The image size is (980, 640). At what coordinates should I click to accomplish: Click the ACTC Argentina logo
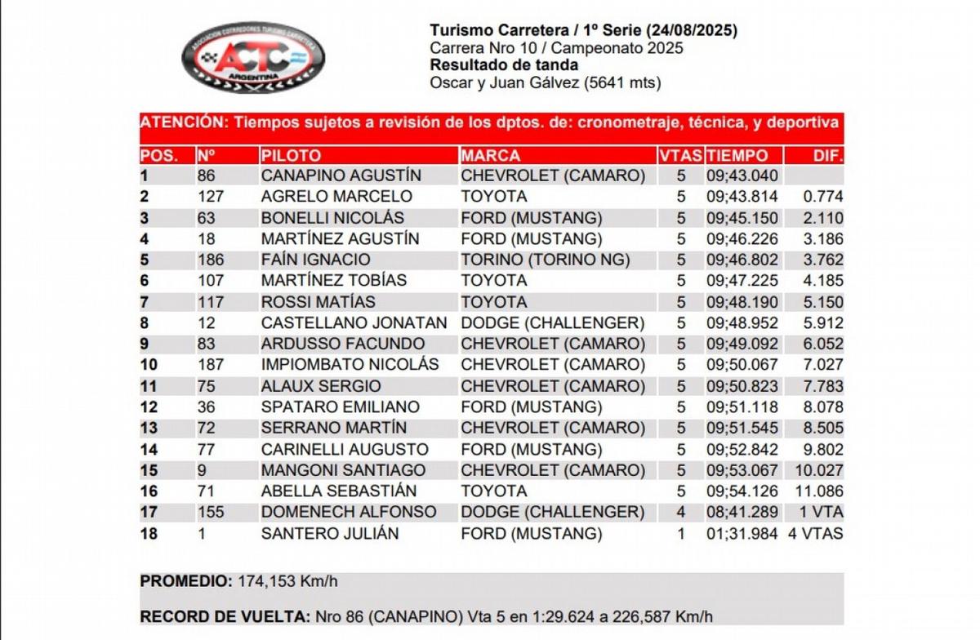(252, 57)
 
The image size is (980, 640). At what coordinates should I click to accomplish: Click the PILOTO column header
(292, 155)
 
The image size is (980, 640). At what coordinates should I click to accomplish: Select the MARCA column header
(491, 155)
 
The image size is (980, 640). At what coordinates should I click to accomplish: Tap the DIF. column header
(827, 155)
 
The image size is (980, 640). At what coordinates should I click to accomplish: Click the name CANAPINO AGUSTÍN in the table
(341, 176)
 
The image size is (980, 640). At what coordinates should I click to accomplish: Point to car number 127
(210, 197)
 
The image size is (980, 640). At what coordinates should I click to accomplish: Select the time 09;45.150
(742, 218)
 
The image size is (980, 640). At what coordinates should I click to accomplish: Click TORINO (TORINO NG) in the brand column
(546, 260)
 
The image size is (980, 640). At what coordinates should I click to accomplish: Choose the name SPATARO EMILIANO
(341, 407)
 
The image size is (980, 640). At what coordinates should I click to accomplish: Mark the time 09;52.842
(742, 450)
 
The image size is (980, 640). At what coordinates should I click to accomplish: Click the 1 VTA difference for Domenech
(822, 513)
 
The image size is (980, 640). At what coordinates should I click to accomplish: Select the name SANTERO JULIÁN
(330, 534)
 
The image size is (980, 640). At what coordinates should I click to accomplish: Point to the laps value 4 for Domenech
(681, 513)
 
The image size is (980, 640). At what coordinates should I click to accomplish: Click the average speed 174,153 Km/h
(287, 582)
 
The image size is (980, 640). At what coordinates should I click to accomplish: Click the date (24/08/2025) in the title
(691, 31)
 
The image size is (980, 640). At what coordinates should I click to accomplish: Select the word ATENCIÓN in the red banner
(182, 122)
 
